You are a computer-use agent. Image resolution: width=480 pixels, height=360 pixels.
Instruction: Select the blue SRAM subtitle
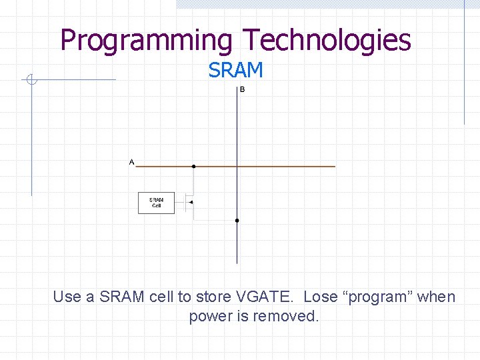[x=235, y=70]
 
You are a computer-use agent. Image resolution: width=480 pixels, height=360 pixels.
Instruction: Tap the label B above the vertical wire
[x=242, y=90]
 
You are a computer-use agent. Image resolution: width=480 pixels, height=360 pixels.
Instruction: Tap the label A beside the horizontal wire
[x=131, y=162]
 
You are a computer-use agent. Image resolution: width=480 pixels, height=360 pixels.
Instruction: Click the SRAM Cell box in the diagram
[x=156, y=203]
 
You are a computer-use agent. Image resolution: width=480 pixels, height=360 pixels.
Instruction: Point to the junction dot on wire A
[x=193, y=166]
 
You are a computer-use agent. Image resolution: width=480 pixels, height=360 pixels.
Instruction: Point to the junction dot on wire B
[x=237, y=220]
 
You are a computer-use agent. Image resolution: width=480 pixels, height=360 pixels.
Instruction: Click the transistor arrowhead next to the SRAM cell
[x=191, y=202]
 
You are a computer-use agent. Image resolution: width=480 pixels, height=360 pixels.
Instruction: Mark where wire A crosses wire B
[x=237, y=166]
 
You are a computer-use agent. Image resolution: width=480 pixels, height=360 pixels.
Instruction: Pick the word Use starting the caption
[x=67, y=297]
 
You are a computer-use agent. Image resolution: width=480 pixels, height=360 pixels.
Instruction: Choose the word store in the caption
[x=211, y=297]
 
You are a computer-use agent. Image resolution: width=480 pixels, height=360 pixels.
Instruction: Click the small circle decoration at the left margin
[x=31, y=81]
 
